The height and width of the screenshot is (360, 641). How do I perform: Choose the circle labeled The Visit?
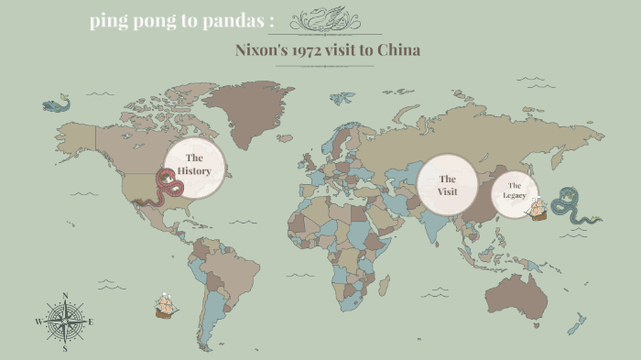point(447,184)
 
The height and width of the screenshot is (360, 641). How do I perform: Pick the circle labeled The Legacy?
point(514,191)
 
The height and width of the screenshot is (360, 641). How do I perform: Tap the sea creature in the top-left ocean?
point(56,104)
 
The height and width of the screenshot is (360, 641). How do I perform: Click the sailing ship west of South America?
point(166,305)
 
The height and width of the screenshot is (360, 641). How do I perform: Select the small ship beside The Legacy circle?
point(537,208)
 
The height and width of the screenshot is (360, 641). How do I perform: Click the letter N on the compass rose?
point(65,295)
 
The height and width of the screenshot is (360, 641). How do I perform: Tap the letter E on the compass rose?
point(91,322)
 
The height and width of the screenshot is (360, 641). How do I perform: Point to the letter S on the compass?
point(65,348)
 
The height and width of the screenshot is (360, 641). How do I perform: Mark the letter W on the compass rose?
point(38,322)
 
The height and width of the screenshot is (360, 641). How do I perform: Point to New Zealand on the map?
point(577,323)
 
